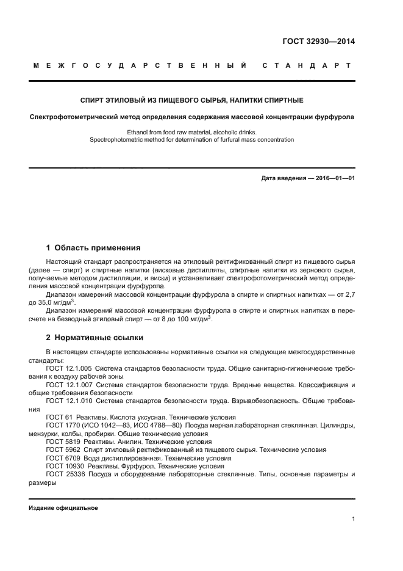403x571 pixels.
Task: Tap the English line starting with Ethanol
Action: pos(192,132)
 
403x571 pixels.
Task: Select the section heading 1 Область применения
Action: pos(93,248)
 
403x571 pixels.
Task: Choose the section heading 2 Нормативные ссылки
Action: pos(95,337)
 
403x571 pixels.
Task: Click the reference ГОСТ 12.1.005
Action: pos(68,369)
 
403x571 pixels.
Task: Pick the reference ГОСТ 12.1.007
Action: pos(68,385)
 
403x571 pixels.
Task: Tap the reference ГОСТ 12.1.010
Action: pos(68,401)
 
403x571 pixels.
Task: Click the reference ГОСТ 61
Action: pos(57,416)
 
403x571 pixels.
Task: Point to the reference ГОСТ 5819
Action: pos(60,441)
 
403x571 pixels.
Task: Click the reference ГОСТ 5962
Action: pos(60,449)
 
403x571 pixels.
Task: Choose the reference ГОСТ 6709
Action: pos(60,457)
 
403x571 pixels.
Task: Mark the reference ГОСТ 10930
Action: pos(62,465)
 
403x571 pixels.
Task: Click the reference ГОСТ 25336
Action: pos(62,473)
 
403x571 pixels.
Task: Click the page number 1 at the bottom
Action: pos(353,519)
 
